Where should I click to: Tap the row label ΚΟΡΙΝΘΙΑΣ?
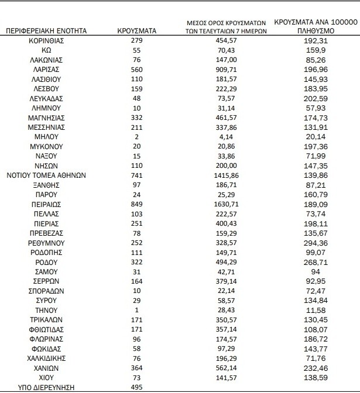[x=47, y=42]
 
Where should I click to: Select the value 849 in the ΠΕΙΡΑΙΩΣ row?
[x=136, y=205]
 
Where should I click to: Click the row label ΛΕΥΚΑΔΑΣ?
[x=47, y=98]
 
